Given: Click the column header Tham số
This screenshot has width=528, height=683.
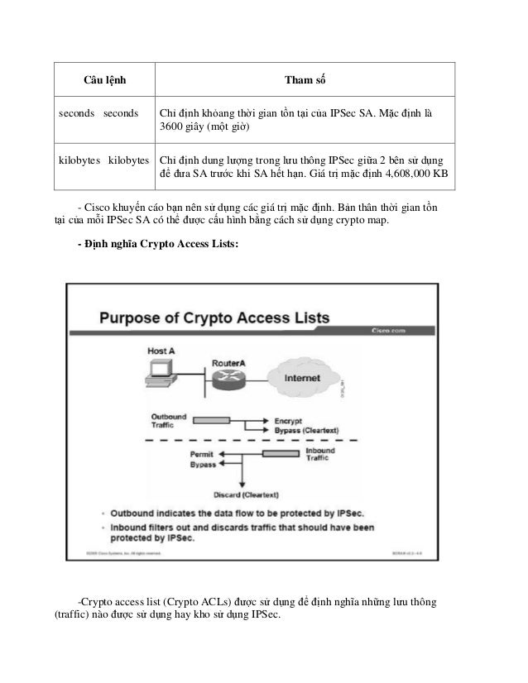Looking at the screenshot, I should [305, 79].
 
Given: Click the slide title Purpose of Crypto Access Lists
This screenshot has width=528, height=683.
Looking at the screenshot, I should [215, 318].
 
